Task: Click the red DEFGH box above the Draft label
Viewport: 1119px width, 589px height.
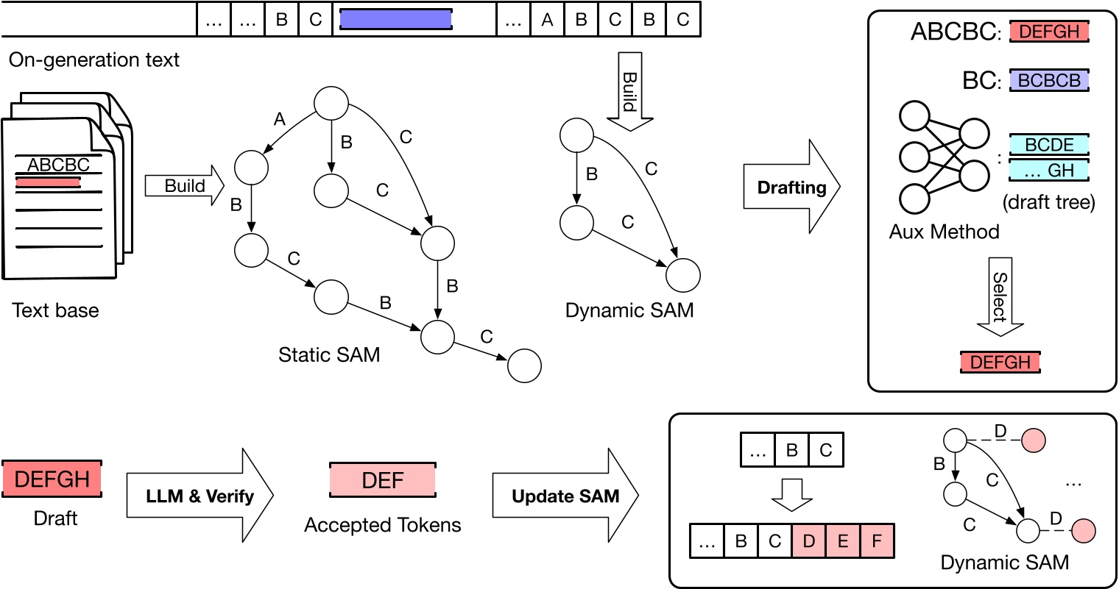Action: click(x=52, y=479)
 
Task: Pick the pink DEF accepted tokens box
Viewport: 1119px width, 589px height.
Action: click(x=383, y=480)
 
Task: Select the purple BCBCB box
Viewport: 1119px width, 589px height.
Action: click(x=1049, y=80)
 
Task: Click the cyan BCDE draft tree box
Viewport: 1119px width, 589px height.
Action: click(x=1049, y=145)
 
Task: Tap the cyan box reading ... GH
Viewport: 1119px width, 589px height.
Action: click(x=1049, y=171)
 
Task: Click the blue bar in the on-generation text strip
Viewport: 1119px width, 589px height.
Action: click(x=395, y=19)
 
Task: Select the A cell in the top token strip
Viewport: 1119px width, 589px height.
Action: click(x=547, y=20)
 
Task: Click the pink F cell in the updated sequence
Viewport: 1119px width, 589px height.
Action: click(x=876, y=541)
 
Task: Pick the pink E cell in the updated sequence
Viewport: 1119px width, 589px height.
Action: click(x=843, y=541)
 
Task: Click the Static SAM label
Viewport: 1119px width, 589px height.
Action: click(x=329, y=354)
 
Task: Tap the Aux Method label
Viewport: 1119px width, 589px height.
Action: click(x=944, y=232)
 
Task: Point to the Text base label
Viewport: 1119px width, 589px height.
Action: click(x=55, y=310)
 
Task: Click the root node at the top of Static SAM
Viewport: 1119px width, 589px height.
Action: click(x=331, y=104)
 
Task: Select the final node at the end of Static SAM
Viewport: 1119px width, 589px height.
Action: click(x=525, y=365)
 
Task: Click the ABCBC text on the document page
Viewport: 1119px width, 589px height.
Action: click(x=58, y=165)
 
